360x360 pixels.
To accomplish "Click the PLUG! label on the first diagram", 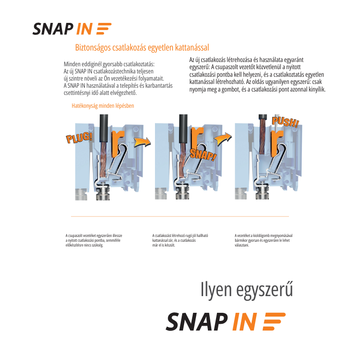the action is coord(80,137).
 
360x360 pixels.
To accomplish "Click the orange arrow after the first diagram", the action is coord(143,142).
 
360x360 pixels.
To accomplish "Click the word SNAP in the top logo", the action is coord(53,29).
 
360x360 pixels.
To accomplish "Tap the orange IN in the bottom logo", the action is coord(245,322).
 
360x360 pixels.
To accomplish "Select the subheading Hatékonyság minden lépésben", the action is coord(103,106).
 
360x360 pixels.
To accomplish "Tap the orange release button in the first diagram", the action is coord(117,143).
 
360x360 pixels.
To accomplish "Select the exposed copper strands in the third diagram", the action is coord(262,136).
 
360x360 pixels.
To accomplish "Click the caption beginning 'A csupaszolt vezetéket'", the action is coord(94,240).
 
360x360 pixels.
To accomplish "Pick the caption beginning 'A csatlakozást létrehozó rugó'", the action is coord(180,240).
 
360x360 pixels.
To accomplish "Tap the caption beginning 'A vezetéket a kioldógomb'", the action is coord(264,240).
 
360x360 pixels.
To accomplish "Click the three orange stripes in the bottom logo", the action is coord(274,321).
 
